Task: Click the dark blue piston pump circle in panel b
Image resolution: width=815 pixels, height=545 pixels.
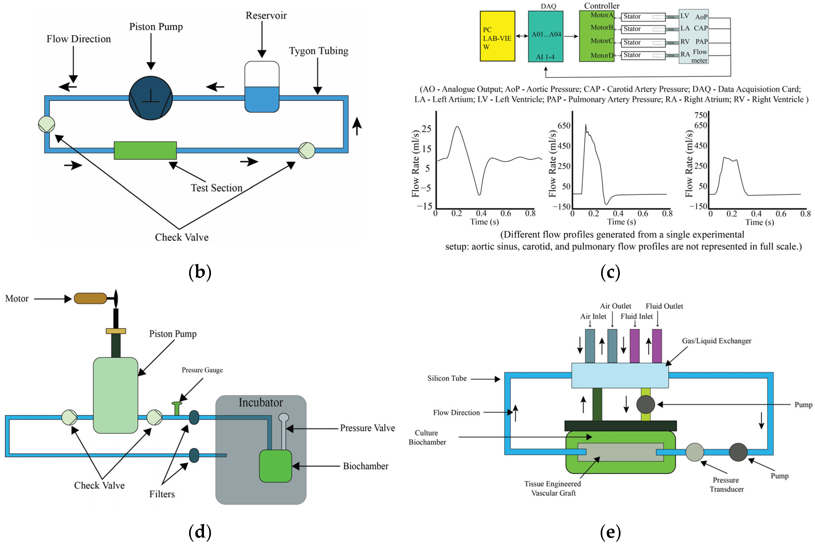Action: [x=151, y=98]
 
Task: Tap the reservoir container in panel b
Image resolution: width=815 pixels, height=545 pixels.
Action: [x=262, y=87]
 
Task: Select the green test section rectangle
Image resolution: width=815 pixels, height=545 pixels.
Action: [x=145, y=151]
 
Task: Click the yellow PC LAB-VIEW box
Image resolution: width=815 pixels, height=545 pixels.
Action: [x=497, y=36]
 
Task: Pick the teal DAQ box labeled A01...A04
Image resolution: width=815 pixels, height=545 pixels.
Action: [x=545, y=36]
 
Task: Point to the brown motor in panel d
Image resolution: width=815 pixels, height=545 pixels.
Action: [x=90, y=298]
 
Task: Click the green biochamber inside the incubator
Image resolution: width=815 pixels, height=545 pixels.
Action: [x=275, y=466]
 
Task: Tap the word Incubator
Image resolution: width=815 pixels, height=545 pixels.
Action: [x=261, y=403]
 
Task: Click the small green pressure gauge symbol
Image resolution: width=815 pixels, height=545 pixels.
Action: [x=177, y=408]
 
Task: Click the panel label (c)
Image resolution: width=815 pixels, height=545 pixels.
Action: [x=610, y=272]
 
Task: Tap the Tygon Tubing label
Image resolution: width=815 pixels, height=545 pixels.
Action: [x=318, y=51]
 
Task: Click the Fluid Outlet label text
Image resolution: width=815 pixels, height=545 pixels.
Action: [x=664, y=306]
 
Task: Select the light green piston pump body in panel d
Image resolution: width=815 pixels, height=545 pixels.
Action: [x=116, y=395]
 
